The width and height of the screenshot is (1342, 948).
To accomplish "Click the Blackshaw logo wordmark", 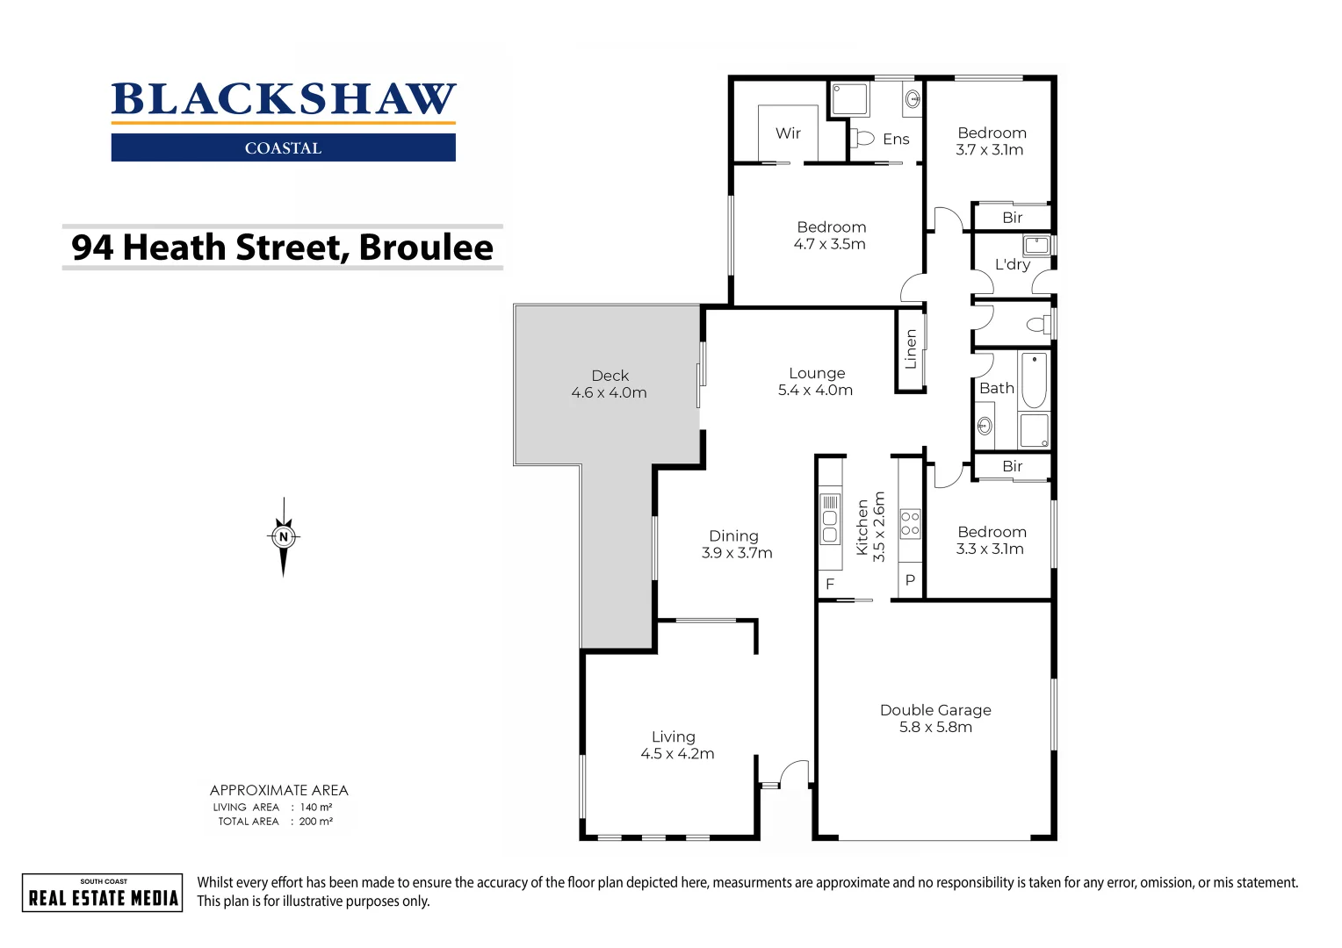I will pos(283,99).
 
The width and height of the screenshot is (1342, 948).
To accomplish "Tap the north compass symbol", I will pos(283,536).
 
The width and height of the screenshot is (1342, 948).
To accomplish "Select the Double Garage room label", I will pos(935,710).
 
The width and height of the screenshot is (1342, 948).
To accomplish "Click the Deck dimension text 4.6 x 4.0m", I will pos(609,393).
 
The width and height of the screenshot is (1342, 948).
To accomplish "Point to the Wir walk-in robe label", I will pos(788,133).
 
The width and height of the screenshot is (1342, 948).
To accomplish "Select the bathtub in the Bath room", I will pos(1034,381).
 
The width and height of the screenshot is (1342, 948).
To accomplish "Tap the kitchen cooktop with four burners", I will pos(910,523).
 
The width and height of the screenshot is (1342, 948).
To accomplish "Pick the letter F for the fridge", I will pos(829,584).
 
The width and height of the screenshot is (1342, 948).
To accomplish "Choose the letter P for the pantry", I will pos(910,580).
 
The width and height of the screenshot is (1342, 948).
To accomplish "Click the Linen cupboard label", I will pos(911,349).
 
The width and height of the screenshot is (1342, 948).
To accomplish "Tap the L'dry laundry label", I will pos(1012,264).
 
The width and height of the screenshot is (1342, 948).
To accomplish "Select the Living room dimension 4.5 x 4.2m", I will pos(677,754).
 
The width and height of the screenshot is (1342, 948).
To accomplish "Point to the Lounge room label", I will pos(816,373).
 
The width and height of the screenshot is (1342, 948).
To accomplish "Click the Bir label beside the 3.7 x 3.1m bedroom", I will pos(1012,218).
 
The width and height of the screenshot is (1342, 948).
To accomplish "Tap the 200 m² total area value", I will pos(315,822).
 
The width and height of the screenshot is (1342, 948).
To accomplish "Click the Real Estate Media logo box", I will pos(103,893).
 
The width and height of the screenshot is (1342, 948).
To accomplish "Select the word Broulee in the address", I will pos(426,248).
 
